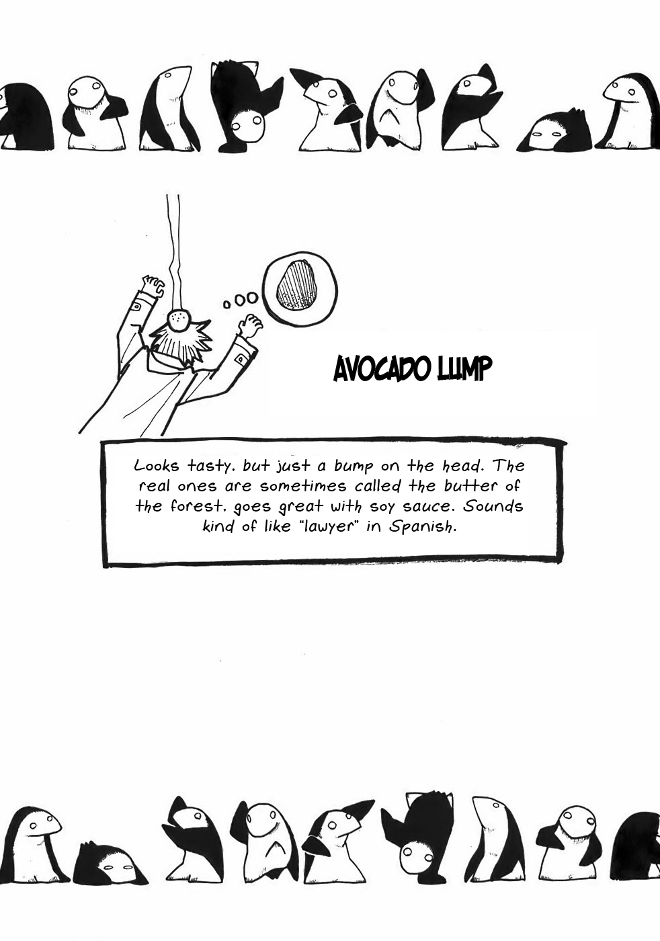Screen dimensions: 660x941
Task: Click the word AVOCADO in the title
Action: click(382, 368)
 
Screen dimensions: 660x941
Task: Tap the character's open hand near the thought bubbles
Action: click(251, 324)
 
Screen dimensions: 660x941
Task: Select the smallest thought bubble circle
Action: click(227, 304)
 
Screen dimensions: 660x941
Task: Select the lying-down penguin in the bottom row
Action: click(110, 862)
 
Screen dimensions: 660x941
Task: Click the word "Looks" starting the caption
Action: click(157, 465)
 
